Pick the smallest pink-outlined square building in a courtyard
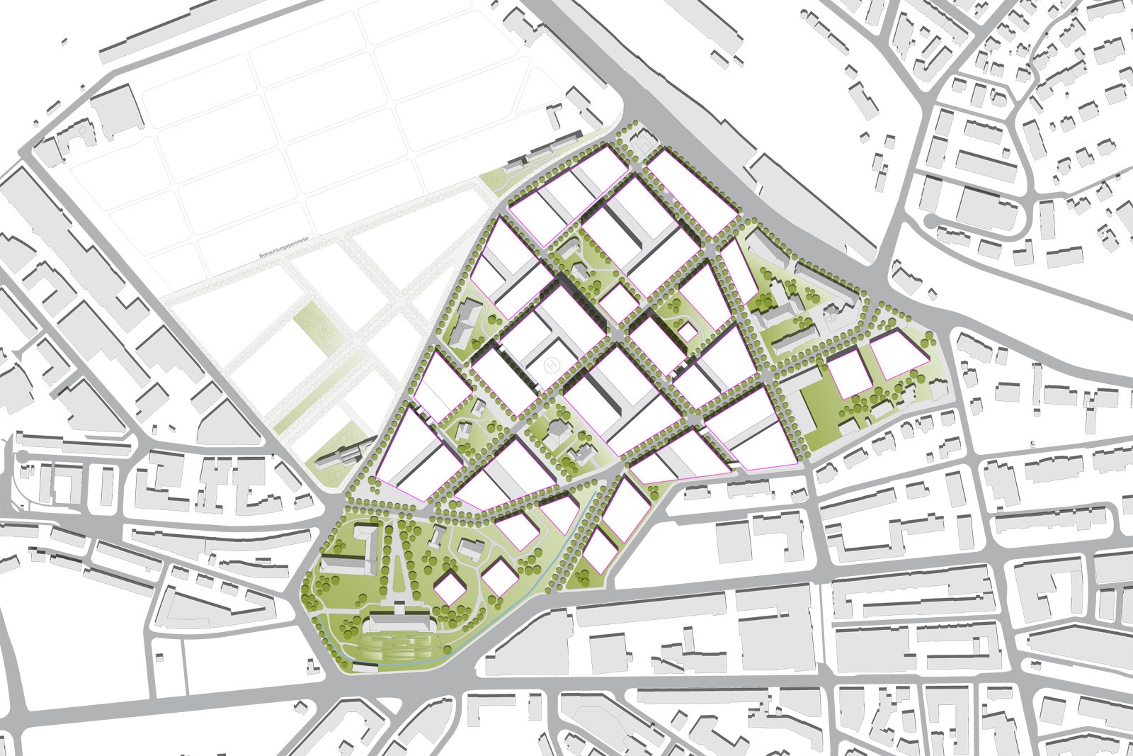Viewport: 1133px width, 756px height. point(685,332)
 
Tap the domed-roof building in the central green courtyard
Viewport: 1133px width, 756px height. point(559,429)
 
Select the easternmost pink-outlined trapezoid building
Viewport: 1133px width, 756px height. point(899,355)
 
